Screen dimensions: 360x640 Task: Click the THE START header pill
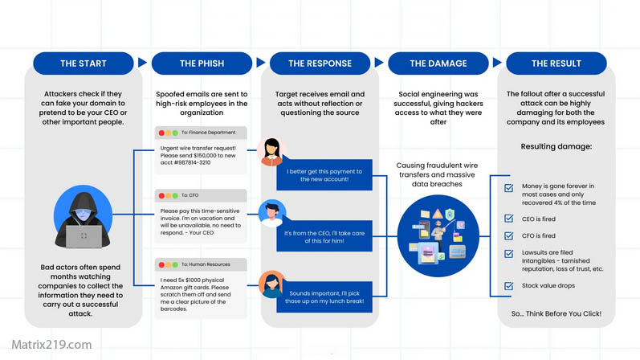pyautogui.click(x=83, y=63)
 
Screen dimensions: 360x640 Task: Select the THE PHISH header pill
pyautogui.click(x=201, y=63)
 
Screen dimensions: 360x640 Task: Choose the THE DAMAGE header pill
pyautogui.click(x=438, y=63)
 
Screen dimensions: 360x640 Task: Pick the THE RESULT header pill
pyautogui.click(x=556, y=63)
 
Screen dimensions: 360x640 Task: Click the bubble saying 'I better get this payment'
pyautogui.click(x=324, y=174)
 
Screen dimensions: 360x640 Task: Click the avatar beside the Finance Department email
pyautogui.click(x=271, y=151)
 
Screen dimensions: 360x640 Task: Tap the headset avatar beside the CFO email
pyautogui.click(x=271, y=215)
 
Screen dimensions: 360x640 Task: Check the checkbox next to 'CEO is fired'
pyautogui.click(x=508, y=219)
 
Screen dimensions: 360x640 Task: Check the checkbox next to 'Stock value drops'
pyautogui.click(x=508, y=286)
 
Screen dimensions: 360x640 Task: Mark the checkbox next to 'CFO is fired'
pyautogui.click(x=508, y=235)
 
